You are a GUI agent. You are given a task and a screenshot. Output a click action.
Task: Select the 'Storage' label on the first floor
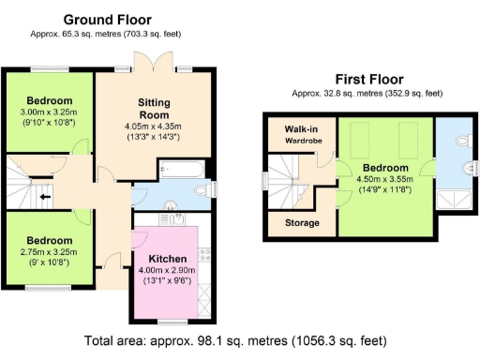coord(301,223)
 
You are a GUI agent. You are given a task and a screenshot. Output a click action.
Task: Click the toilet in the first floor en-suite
coord(457,142)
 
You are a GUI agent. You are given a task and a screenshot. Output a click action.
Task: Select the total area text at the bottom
coord(240,340)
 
